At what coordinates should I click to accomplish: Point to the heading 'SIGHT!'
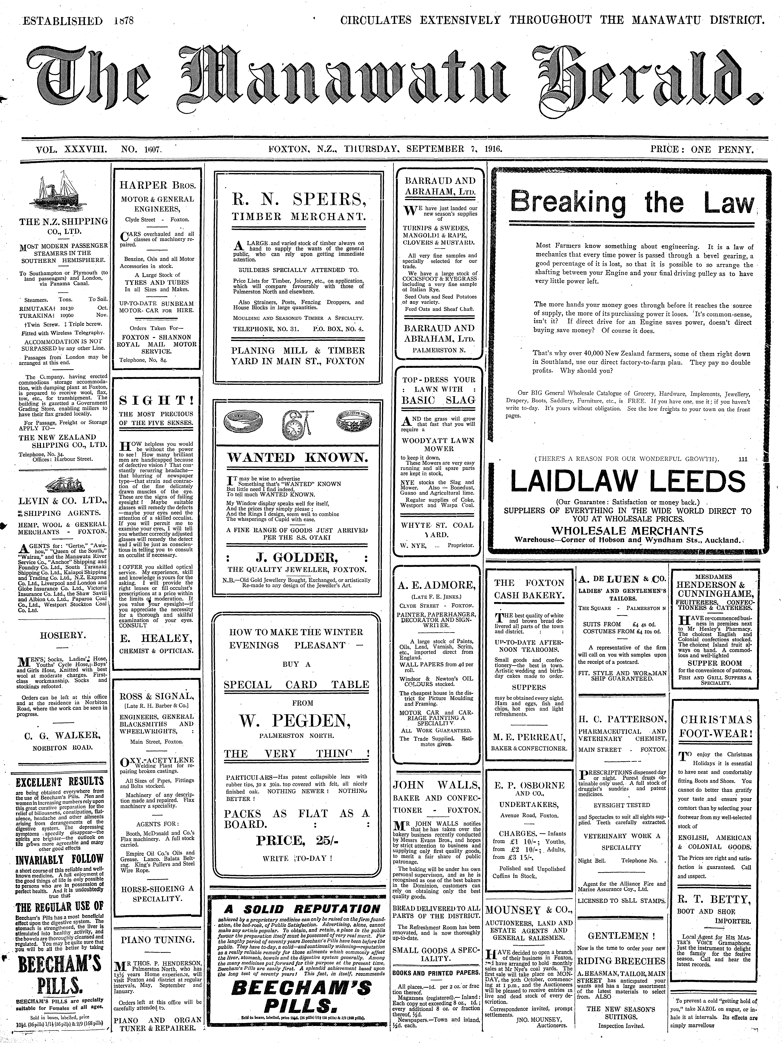tap(156, 401)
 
